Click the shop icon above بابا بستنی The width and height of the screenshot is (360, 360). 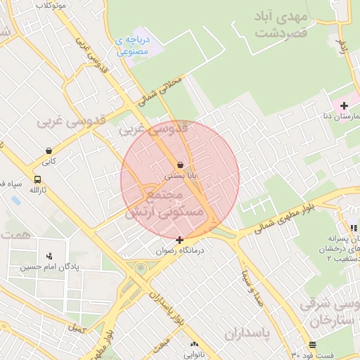pyautogui.click(x=181, y=164)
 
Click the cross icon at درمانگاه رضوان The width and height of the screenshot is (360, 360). pyautogui.click(x=180, y=240)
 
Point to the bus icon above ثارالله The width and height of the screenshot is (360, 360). pyautogui.click(x=37, y=179)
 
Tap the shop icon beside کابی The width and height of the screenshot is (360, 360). pyautogui.click(x=49, y=150)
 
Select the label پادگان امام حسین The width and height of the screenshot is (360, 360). pyautogui.click(x=49, y=266)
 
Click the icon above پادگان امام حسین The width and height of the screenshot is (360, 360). pyautogui.click(x=49, y=256)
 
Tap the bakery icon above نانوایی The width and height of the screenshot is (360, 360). pyautogui.click(x=194, y=345)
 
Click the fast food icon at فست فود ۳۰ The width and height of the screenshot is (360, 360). pyautogui.click(x=312, y=345)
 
